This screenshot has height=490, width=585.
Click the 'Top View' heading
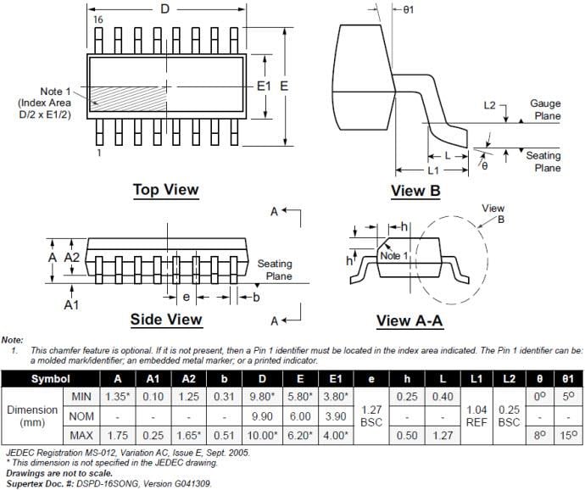(x=165, y=189)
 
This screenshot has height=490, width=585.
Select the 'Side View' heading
(x=165, y=319)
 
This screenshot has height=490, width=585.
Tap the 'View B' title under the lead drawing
(x=415, y=191)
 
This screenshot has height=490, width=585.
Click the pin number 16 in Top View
(x=98, y=19)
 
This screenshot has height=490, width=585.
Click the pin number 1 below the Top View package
(x=98, y=153)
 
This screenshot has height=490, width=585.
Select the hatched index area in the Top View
(x=127, y=99)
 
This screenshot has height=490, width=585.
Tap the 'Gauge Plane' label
(x=545, y=109)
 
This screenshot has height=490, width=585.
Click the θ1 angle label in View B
(x=408, y=9)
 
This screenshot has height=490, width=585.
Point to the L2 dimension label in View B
(x=489, y=105)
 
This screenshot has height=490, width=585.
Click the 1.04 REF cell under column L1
(x=476, y=415)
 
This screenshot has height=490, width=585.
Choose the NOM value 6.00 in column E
(x=301, y=416)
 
